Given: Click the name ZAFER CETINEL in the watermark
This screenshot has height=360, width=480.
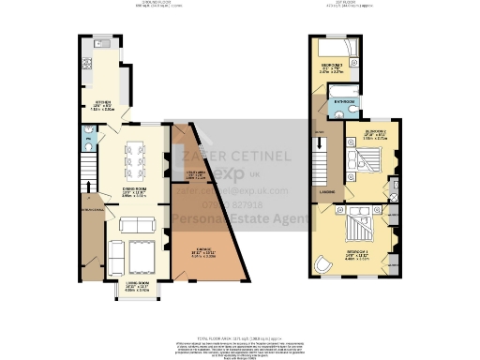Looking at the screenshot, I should [x=236, y=156].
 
